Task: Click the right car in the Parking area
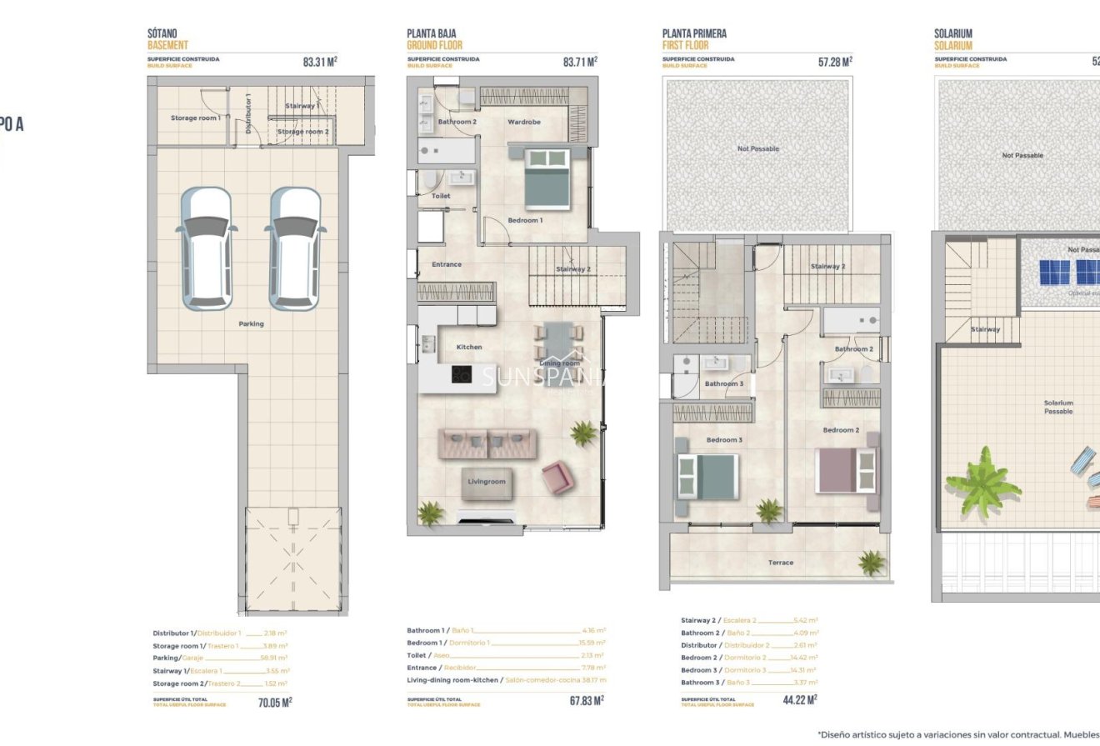[x=293, y=248]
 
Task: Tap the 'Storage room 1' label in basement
[x=195, y=118]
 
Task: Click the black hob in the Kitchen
[x=462, y=374]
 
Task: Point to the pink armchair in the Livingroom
[x=557, y=478]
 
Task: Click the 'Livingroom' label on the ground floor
[x=487, y=482]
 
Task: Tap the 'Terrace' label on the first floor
[x=780, y=563]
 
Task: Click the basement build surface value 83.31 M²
[x=320, y=61]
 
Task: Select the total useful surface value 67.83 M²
[x=587, y=701]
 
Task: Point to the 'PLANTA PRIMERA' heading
[x=694, y=34]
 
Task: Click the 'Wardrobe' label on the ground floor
[x=524, y=123]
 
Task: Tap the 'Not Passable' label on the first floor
[x=757, y=149]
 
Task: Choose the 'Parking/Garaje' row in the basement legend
[x=220, y=658]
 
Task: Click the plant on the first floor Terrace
[x=872, y=563]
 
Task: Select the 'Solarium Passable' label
[x=1058, y=407]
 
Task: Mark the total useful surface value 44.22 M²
[x=800, y=700]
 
